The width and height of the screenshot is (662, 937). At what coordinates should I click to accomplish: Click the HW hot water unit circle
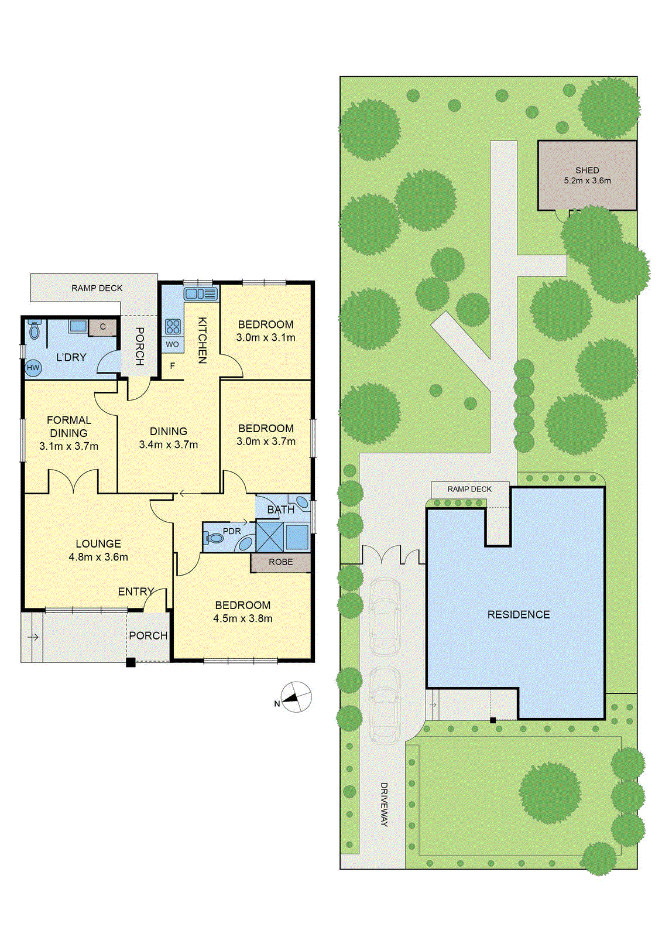coord(33,368)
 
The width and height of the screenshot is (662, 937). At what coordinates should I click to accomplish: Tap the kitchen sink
coord(201,293)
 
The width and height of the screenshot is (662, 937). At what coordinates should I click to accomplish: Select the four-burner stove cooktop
coord(173,326)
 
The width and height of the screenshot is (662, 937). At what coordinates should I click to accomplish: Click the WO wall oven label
coord(172,344)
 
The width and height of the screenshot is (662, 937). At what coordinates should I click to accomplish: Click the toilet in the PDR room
coord(214,537)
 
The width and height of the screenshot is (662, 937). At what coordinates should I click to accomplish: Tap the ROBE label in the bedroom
coord(281,562)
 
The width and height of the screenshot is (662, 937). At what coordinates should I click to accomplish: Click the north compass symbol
coord(296,697)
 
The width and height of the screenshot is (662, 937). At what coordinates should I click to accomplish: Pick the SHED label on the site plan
coord(587,170)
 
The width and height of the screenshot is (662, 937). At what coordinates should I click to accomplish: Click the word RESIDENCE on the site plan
coord(519,614)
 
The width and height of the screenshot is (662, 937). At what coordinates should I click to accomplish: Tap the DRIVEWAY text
coord(384,804)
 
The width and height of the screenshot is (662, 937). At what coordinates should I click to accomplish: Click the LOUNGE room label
coord(98,543)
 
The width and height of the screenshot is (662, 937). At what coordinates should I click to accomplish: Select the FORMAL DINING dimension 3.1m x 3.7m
coord(68,446)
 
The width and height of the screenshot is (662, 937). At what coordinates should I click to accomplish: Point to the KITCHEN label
coord(202,340)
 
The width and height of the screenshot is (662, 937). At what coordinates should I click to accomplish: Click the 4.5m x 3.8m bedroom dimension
coord(242,618)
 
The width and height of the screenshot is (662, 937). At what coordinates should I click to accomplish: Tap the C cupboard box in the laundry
coord(102,327)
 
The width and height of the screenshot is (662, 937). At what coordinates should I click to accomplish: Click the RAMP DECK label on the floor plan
coord(97,288)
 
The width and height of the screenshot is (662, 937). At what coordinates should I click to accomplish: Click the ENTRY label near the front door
coord(136,591)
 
